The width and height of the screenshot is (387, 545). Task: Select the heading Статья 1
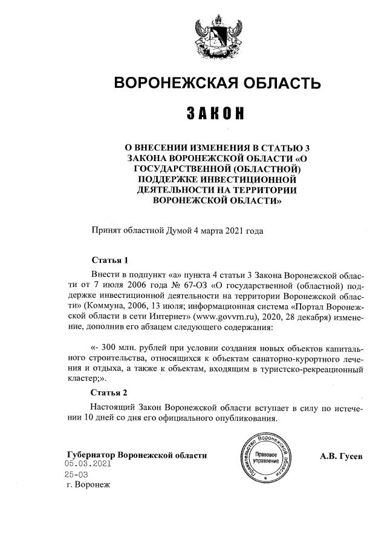(109, 261)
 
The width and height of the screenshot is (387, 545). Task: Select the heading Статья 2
(109, 393)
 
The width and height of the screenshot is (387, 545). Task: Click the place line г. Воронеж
(90, 485)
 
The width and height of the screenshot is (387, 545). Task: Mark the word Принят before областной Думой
(106, 230)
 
